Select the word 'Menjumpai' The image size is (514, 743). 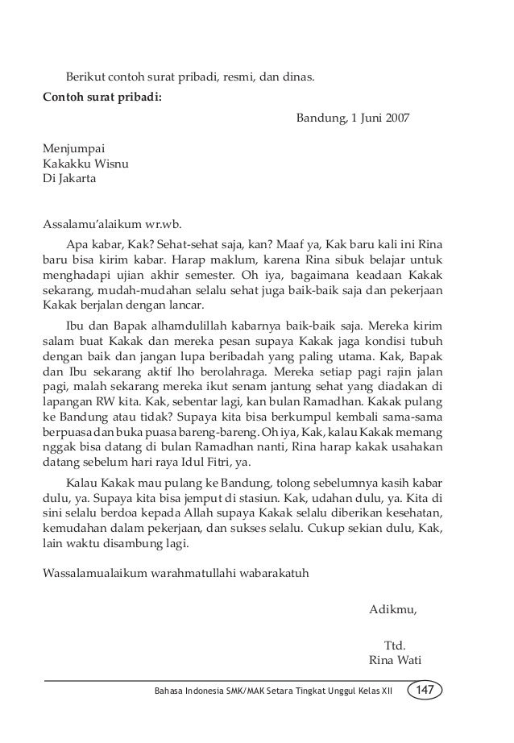coord(73,148)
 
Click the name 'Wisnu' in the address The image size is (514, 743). coord(112,164)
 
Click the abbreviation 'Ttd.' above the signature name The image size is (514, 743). coord(395,646)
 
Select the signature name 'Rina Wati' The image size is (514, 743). coord(395,662)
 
